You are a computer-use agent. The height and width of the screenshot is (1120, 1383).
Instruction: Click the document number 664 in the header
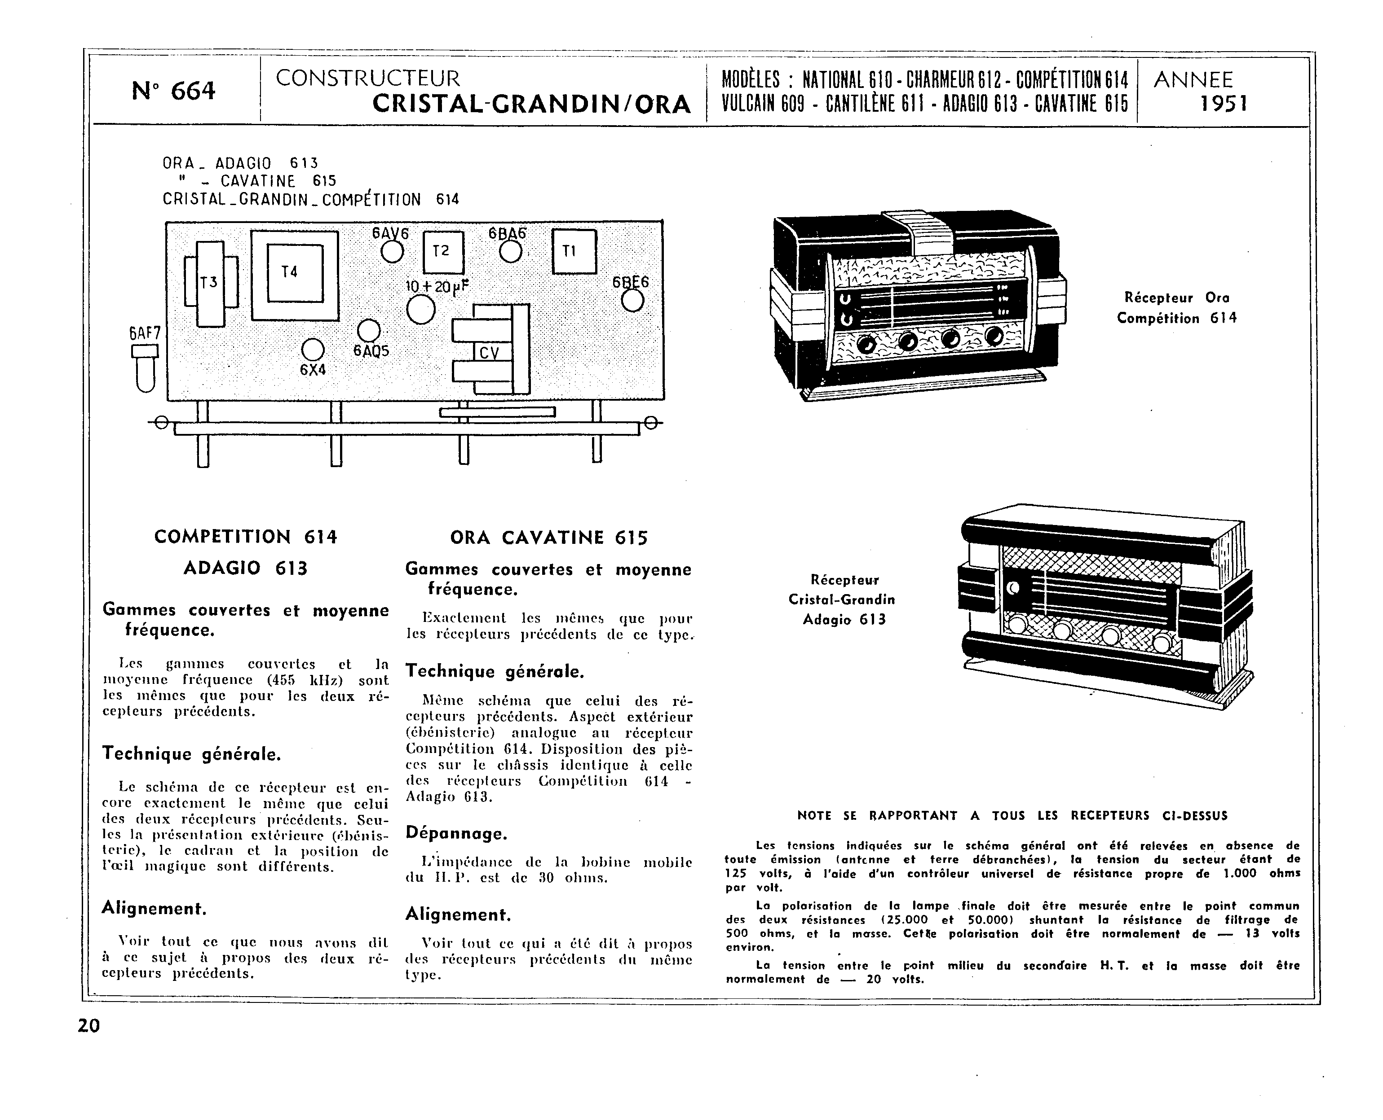[x=192, y=91]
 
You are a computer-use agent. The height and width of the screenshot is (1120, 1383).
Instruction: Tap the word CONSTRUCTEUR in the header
[x=367, y=79]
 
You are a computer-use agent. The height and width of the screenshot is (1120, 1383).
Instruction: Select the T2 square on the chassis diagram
[x=442, y=252]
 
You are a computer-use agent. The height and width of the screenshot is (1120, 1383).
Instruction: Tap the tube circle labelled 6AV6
[x=392, y=252]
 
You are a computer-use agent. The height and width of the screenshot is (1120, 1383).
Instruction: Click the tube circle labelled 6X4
[x=313, y=350]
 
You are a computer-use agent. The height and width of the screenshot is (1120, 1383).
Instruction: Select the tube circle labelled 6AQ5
[x=369, y=331]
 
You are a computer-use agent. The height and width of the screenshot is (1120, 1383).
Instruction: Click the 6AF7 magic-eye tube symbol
[x=145, y=368]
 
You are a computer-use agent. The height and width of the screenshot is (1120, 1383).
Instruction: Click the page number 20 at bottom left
[x=89, y=1026]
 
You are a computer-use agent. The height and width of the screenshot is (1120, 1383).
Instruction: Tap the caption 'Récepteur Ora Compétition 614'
[x=1176, y=308]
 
